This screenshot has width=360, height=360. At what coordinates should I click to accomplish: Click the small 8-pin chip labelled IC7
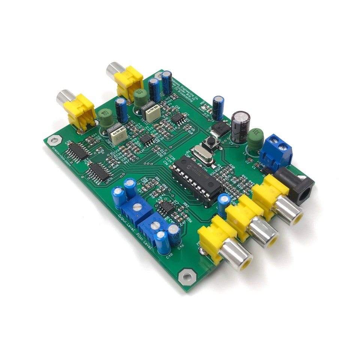[165, 207]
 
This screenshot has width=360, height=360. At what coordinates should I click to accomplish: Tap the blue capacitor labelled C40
[163, 243]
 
